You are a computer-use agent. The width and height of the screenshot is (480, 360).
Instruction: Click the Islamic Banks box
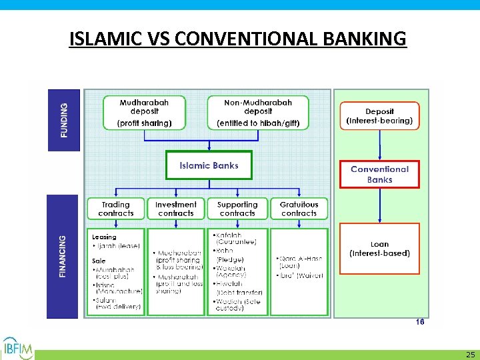[x=209, y=165]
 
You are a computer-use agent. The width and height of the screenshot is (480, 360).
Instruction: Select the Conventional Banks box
[x=379, y=175]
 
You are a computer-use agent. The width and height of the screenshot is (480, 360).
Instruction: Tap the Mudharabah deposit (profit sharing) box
[x=144, y=113]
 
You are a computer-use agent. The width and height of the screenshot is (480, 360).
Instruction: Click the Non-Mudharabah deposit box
[x=258, y=113]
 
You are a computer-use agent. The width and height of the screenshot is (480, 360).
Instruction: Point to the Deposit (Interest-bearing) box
[x=379, y=117]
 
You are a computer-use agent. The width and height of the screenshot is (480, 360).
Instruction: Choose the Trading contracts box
[x=116, y=209]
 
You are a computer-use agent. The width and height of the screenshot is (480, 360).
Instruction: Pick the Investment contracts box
[x=176, y=209]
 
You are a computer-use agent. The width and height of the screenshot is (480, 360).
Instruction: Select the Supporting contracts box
[x=237, y=209]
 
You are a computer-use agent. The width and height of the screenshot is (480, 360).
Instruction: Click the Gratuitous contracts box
[x=299, y=209]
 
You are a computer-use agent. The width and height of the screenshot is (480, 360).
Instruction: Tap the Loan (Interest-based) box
[x=379, y=249]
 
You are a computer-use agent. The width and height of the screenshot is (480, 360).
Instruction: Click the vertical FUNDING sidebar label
[x=64, y=120]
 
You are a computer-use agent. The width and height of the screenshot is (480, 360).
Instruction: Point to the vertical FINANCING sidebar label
[x=63, y=257]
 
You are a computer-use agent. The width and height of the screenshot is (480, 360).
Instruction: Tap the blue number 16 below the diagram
[x=419, y=321]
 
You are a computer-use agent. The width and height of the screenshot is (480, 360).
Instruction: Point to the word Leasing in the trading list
[x=104, y=237]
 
